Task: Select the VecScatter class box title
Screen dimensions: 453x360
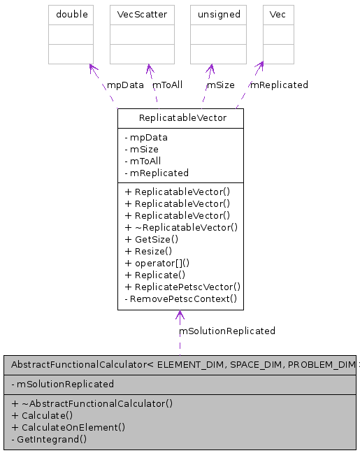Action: [x=142, y=14]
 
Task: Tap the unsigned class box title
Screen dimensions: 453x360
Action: [x=218, y=14]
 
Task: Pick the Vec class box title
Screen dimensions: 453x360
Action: [x=278, y=14]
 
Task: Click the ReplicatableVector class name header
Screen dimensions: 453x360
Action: [x=182, y=117]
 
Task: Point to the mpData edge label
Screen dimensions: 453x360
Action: [x=125, y=85]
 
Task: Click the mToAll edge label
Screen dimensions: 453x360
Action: [x=167, y=85]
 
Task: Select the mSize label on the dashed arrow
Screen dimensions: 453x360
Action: [x=220, y=85]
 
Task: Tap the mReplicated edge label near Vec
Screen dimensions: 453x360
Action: [x=279, y=85]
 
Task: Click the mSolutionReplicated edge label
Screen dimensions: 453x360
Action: [x=227, y=331]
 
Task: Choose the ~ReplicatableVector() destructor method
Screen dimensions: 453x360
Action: [x=181, y=227]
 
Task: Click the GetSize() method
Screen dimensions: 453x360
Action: [x=148, y=239]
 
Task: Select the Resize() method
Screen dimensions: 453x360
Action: [x=148, y=251]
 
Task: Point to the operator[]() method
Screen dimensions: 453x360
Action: [x=157, y=263]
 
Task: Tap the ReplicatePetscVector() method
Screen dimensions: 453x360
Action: [x=182, y=287]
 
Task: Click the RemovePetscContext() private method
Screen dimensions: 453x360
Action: [x=180, y=299]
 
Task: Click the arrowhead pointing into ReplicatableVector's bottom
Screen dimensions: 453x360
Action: [x=180, y=315]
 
